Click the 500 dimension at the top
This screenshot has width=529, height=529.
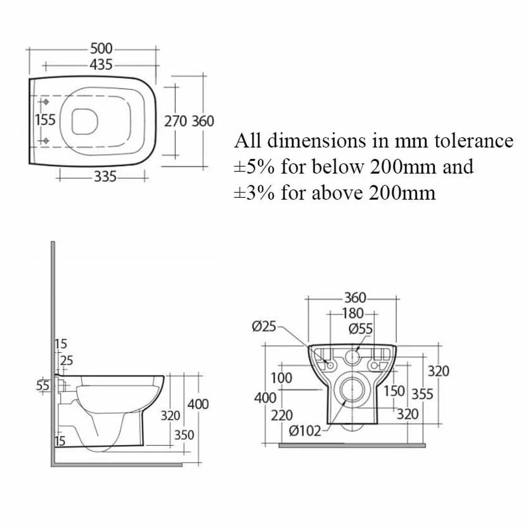[101, 49]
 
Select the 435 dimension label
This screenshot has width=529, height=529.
[101, 65]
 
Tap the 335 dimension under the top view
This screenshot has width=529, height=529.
[105, 177]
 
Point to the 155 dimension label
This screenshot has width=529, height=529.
[45, 120]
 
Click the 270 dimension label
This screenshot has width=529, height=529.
[176, 121]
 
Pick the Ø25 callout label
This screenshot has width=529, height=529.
[264, 326]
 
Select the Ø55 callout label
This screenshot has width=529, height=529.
[361, 329]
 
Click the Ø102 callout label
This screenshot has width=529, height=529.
[305, 431]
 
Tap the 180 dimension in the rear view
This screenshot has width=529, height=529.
[353, 313]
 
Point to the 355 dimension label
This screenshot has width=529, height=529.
[422, 394]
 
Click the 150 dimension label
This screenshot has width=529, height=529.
[394, 391]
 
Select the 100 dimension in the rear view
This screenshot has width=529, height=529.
[281, 378]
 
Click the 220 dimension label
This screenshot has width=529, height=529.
[282, 415]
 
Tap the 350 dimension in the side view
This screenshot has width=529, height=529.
[184, 435]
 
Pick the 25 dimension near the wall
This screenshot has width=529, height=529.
[67, 361]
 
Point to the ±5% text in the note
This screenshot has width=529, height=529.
[254, 167]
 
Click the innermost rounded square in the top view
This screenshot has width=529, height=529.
[85, 121]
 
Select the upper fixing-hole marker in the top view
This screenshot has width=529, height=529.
[45, 102]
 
